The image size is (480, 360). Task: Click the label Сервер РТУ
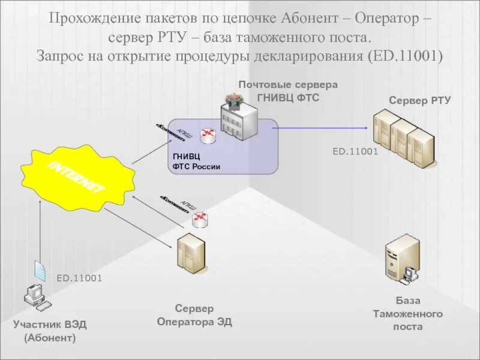coord(419,100)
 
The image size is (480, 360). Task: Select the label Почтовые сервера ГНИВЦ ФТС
coord(288,91)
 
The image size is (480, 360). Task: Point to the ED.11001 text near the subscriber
coord(79,278)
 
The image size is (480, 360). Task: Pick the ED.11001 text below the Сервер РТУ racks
coord(355,152)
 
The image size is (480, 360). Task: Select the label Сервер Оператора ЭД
coord(194,315)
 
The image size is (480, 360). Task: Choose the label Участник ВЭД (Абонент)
coord(50,331)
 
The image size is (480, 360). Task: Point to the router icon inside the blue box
coord(208,136)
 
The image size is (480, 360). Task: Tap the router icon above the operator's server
coord(200,219)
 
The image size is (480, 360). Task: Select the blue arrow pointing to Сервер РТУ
coord(324,127)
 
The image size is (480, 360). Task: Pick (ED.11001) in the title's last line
coord(404,56)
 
